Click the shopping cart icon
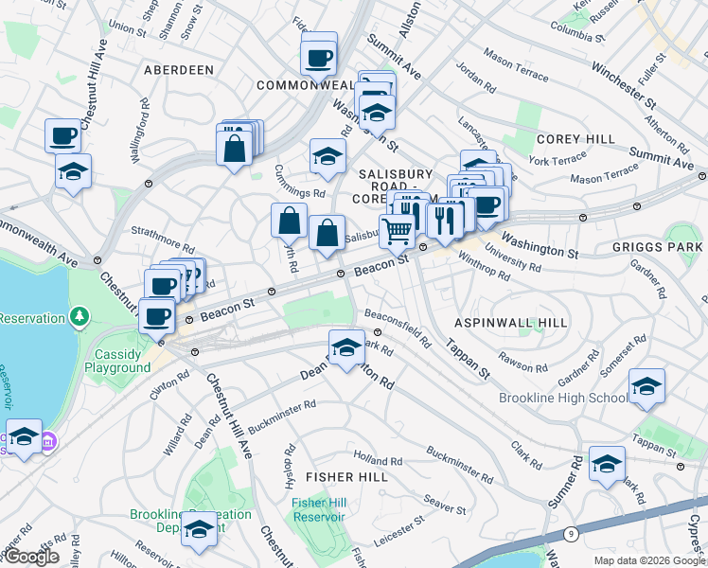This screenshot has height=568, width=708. point(398,229)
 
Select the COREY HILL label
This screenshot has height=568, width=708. point(575,138)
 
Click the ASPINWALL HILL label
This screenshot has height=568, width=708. point(511,323)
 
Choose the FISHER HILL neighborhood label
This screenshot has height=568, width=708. point(346,477)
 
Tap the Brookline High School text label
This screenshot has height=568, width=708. point(562,398)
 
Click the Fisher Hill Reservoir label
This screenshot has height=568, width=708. point(318,509)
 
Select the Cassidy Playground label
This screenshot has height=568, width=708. point(121,361)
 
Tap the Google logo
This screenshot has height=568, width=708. point(30,556)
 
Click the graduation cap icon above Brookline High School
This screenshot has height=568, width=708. point(646,386)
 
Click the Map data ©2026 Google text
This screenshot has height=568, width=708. point(649,559)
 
